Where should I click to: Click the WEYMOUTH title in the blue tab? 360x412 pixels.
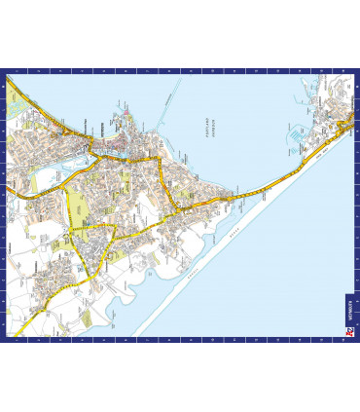pyautogui.click(x=351, y=310)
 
